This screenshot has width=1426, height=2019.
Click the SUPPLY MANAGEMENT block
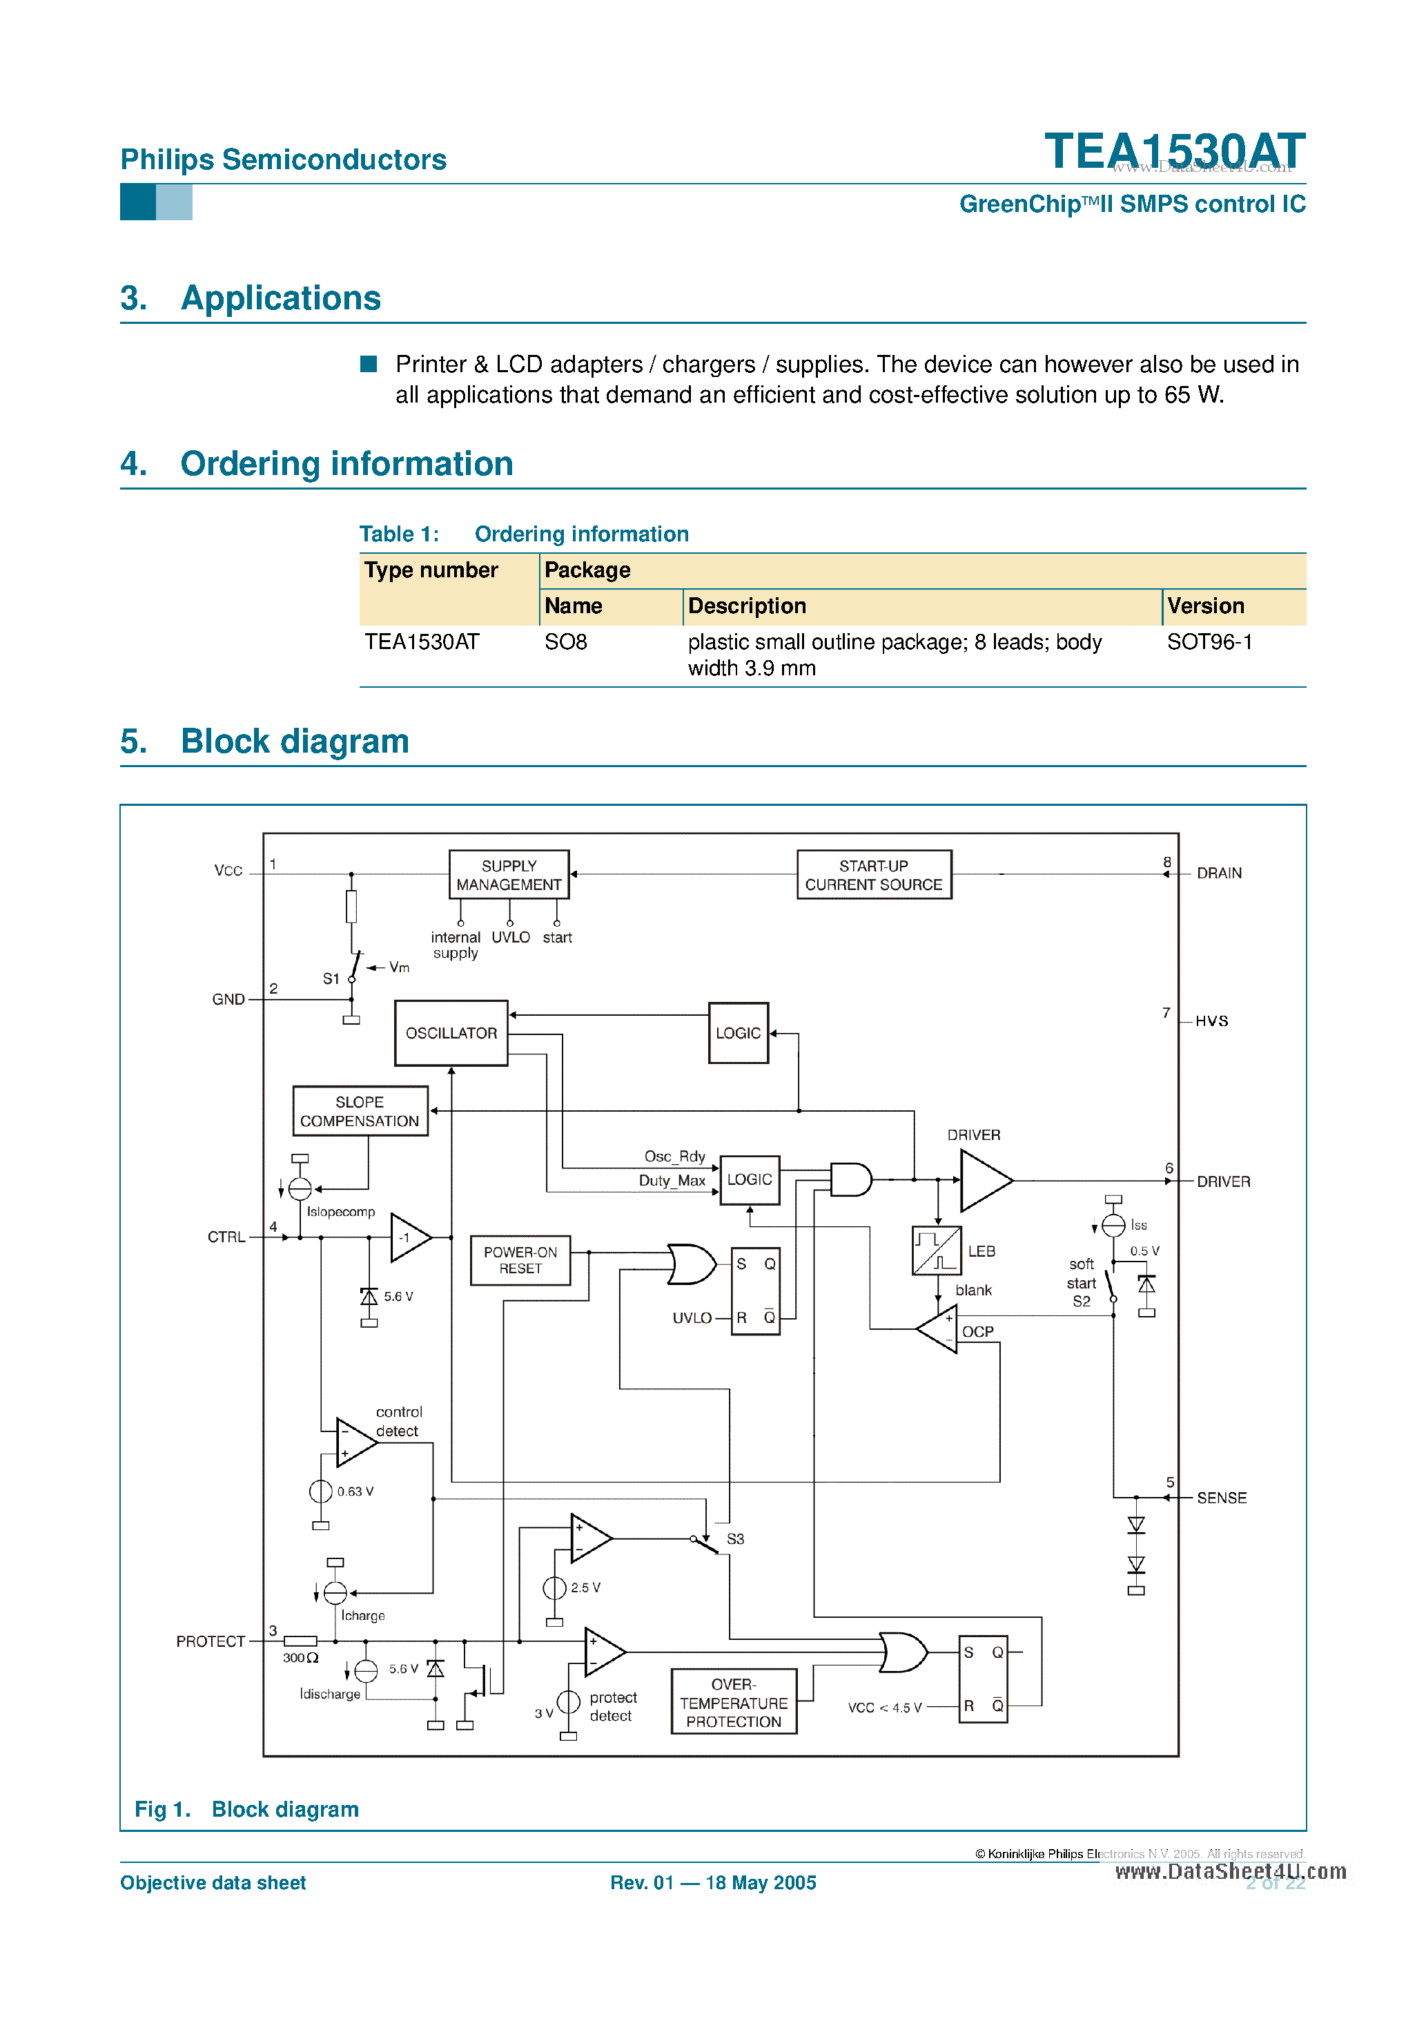tap(508, 874)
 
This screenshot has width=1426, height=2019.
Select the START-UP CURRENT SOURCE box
tap(873, 874)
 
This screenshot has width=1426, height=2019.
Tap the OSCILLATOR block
tap(451, 1033)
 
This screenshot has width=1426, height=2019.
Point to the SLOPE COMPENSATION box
tap(360, 1110)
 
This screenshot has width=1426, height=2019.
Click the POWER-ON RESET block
tap(520, 1260)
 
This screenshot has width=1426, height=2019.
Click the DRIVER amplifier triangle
tap(983, 1181)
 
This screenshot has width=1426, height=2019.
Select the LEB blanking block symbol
tap(937, 1250)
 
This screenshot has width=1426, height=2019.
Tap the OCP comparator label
tap(977, 1331)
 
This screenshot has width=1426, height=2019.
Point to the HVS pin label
tap(1211, 1021)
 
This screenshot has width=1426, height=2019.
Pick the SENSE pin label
tap(1221, 1498)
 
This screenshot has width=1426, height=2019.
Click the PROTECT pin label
tap(210, 1642)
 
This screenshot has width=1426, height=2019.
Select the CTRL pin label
tap(226, 1237)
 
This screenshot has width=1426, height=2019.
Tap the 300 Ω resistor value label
tap(300, 1658)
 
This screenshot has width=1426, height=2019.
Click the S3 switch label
tap(735, 1539)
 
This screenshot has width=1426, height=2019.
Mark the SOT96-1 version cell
tap(1209, 642)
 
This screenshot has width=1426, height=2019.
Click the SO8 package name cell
tap(565, 642)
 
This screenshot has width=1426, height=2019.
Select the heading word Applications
tap(280, 298)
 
